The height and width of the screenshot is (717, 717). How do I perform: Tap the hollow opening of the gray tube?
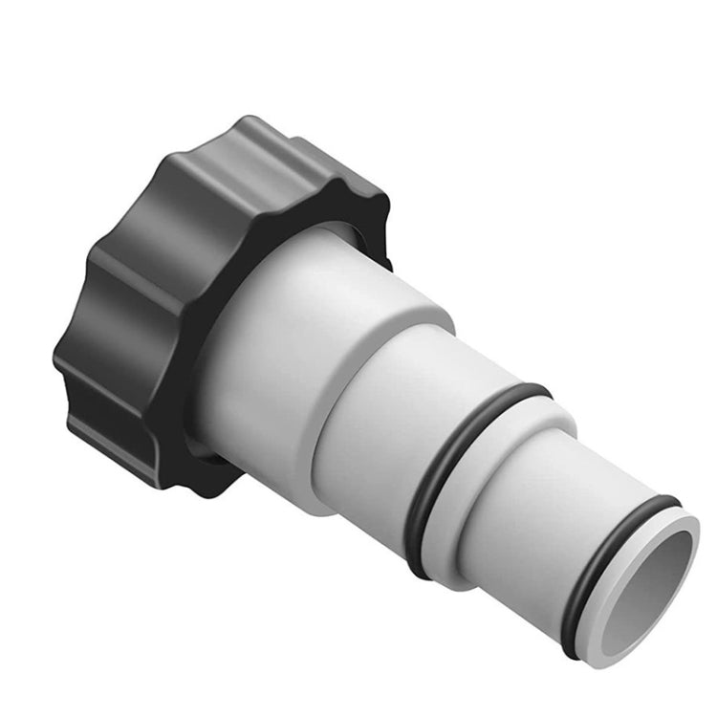coord(650,583)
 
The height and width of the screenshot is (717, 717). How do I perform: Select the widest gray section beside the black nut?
coord(268,373)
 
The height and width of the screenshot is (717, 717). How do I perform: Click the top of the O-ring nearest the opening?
coord(660,501)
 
